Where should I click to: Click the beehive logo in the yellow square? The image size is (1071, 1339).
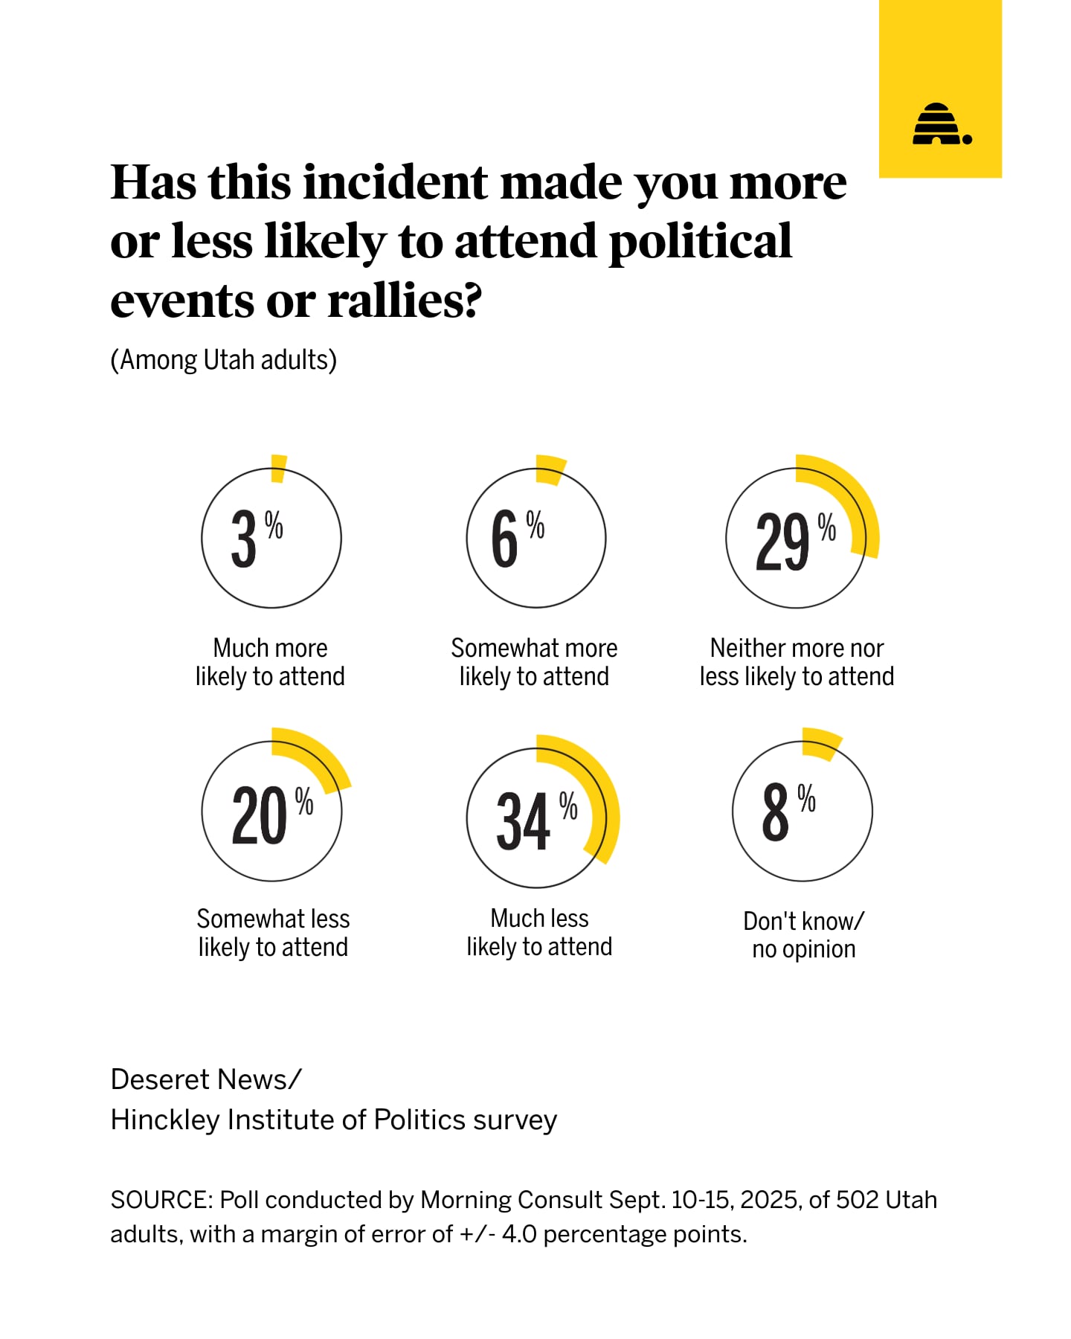(x=942, y=124)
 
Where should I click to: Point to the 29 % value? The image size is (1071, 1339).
(x=794, y=541)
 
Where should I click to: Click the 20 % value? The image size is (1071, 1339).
(x=271, y=815)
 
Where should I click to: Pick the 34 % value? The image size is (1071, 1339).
(x=535, y=820)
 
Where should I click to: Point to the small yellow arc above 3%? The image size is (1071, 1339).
(x=279, y=468)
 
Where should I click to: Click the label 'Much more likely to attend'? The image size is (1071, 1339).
(x=270, y=662)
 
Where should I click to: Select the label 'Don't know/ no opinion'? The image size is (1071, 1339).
(x=803, y=935)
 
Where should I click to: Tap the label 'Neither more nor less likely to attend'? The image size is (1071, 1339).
(x=797, y=662)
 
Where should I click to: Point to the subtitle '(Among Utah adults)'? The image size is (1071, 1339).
(x=223, y=360)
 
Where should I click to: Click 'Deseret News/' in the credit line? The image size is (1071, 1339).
(x=206, y=1079)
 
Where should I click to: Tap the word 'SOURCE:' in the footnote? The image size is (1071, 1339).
(x=162, y=1200)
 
